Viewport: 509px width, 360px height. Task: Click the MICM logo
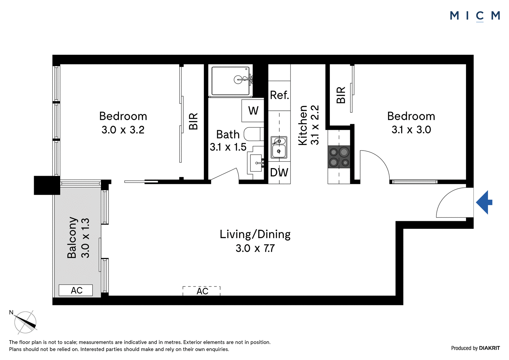point(475,16)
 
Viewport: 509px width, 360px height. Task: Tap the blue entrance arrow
point(484,202)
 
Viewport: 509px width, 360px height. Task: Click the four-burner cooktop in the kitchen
point(339,157)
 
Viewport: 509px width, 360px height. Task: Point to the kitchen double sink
point(279,147)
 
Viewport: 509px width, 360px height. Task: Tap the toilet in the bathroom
point(254,134)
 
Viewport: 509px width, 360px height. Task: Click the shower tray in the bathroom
point(230,81)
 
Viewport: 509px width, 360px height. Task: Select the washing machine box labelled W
point(253,111)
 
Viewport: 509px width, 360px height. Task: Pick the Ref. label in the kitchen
point(279,95)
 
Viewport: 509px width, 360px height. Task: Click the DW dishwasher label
point(279,173)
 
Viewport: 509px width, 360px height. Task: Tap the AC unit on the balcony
point(76,290)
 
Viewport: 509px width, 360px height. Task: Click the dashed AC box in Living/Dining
point(202,291)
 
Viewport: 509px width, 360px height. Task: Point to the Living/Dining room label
point(255,234)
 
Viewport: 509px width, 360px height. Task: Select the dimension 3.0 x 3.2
point(123,130)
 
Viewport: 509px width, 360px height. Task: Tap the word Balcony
point(72,237)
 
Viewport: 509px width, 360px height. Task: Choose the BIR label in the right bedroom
point(341,95)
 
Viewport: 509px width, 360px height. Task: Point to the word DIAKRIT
point(489,348)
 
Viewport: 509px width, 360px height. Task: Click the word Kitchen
point(303,125)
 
